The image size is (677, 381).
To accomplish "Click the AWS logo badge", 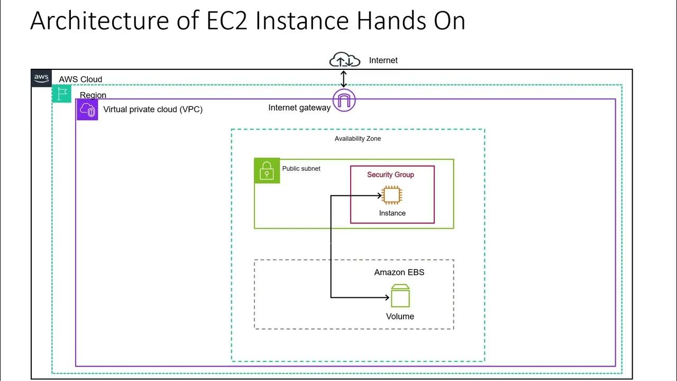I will [41, 78].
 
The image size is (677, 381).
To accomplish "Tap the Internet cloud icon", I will [344, 60].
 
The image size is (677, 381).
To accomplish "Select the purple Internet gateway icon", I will [344, 100].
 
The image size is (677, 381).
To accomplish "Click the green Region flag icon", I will [62, 94].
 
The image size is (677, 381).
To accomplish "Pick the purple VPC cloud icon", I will [87, 110].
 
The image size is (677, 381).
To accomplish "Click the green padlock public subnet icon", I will [267, 171].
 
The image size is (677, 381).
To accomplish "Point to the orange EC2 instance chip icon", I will [391, 195].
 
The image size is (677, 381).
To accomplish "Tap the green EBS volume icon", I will [400, 296].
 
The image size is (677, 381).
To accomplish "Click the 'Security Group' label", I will [390, 175].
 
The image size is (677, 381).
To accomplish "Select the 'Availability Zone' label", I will [358, 139].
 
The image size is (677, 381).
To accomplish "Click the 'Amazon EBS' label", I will [399, 273].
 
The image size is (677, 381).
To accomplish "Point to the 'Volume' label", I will [400, 316].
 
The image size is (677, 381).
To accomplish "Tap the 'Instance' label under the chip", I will [392, 213].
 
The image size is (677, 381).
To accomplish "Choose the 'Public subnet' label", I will [301, 169].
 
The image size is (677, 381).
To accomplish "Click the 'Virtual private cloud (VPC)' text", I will [152, 110].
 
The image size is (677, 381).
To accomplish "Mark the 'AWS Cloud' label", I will [80, 79].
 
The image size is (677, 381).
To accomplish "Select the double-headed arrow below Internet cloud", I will [344, 79].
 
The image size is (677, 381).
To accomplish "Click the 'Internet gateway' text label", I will [299, 108].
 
